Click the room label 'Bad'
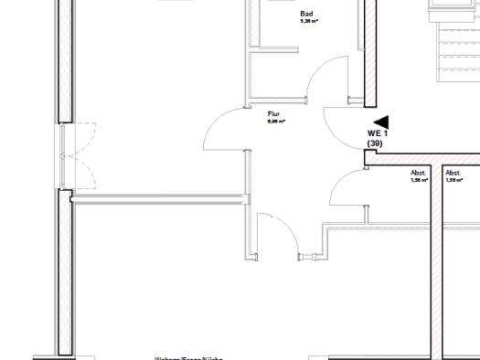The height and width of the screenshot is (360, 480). click(x=306, y=14)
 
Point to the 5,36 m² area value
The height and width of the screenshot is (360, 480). click(x=308, y=22)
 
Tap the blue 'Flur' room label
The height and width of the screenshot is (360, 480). click(x=272, y=113)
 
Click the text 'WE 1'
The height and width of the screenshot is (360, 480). click(x=378, y=133)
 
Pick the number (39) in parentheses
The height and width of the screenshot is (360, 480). click(x=375, y=143)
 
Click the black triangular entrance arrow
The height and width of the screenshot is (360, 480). click(x=380, y=121)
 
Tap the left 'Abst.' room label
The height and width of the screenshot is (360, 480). click(x=419, y=173)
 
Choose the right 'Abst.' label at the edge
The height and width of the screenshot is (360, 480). click(x=453, y=173)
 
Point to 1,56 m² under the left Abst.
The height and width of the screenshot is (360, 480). click(x=420, y=181)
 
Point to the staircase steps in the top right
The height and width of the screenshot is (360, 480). click(x=455, y=46)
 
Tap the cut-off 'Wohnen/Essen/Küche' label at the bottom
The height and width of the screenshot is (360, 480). click(x=188, y=357)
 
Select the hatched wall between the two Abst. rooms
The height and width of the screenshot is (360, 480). click(x=436, y=265)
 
